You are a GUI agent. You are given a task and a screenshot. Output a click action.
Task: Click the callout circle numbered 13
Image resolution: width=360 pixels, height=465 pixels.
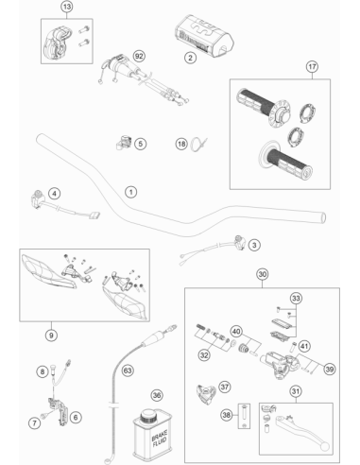tap(67, 7)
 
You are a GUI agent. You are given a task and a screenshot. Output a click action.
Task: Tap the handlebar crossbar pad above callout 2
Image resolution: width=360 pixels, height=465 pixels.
tap(204, 35)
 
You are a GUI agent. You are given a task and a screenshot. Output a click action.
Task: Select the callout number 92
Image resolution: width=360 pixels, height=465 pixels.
tap(139, 56)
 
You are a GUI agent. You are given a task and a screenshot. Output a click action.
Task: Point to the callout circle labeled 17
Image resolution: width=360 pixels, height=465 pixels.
tap(312, 67)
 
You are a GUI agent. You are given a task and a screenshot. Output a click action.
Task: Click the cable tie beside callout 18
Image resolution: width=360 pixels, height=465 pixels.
tap(198, 145)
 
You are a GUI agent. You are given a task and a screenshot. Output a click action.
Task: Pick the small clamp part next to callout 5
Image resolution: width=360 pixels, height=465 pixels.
tap(124, 143)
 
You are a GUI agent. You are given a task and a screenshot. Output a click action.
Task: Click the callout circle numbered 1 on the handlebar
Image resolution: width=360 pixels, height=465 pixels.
tap(131, 192)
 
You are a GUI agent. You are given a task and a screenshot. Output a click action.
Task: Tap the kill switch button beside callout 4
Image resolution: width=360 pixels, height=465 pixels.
tap(38, 198)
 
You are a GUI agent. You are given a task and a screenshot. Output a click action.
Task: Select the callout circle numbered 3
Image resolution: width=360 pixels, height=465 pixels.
tap(254, 245)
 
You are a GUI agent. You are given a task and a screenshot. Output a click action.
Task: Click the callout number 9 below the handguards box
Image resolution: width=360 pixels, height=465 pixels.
tap(51, 336)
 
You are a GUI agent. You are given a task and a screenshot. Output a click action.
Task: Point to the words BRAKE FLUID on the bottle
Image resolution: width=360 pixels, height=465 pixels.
tap(159, 439)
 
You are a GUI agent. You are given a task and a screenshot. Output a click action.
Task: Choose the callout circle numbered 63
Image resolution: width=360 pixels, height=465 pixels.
tap(128, 370)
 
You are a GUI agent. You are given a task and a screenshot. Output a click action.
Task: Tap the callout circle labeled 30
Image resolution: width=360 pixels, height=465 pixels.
tap(263, 274)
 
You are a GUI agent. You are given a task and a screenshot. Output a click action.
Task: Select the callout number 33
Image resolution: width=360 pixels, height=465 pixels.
tap(296, 298)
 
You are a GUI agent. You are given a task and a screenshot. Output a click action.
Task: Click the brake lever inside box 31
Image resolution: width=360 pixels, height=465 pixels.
tap(302, 433)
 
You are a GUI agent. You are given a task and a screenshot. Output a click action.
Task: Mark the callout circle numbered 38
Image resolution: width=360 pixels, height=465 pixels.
tap(227, 415)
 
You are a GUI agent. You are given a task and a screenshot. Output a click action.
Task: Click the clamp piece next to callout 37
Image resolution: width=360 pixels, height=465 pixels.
tap(206, 394)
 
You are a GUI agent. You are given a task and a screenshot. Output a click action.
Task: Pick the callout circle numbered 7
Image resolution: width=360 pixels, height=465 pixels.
tap(35, 422)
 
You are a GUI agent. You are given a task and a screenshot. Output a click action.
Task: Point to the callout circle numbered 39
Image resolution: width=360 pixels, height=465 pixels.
tap(330, 369)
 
